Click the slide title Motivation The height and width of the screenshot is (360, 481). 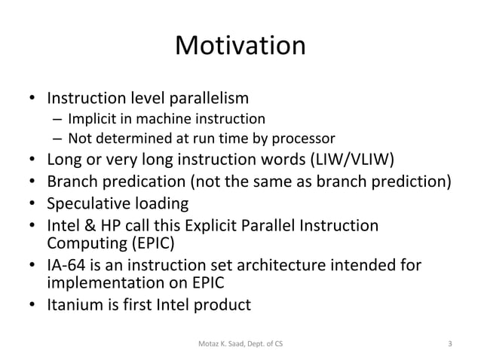240,47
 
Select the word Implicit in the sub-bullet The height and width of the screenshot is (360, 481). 90,119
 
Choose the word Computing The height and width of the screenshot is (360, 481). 81,243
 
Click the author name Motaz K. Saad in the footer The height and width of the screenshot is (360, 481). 222,345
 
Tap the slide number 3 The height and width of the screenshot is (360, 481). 449,345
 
